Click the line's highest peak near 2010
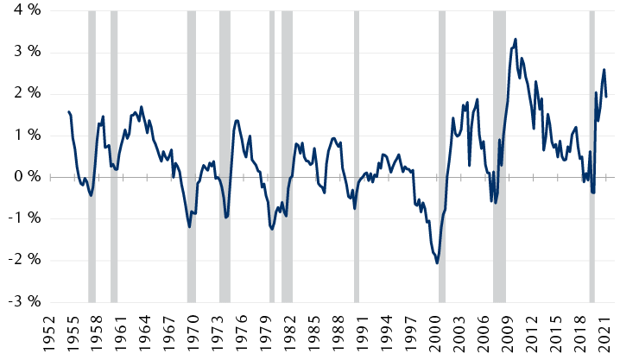(516, 39)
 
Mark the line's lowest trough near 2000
(437, 263)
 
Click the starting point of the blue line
(67, 111)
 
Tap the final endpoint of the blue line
(606, 97)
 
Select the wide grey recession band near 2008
(499, 155)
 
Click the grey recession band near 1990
(356, 155)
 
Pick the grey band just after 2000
(441, 155)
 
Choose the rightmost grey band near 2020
(592, 155)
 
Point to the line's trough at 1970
(189, 227)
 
